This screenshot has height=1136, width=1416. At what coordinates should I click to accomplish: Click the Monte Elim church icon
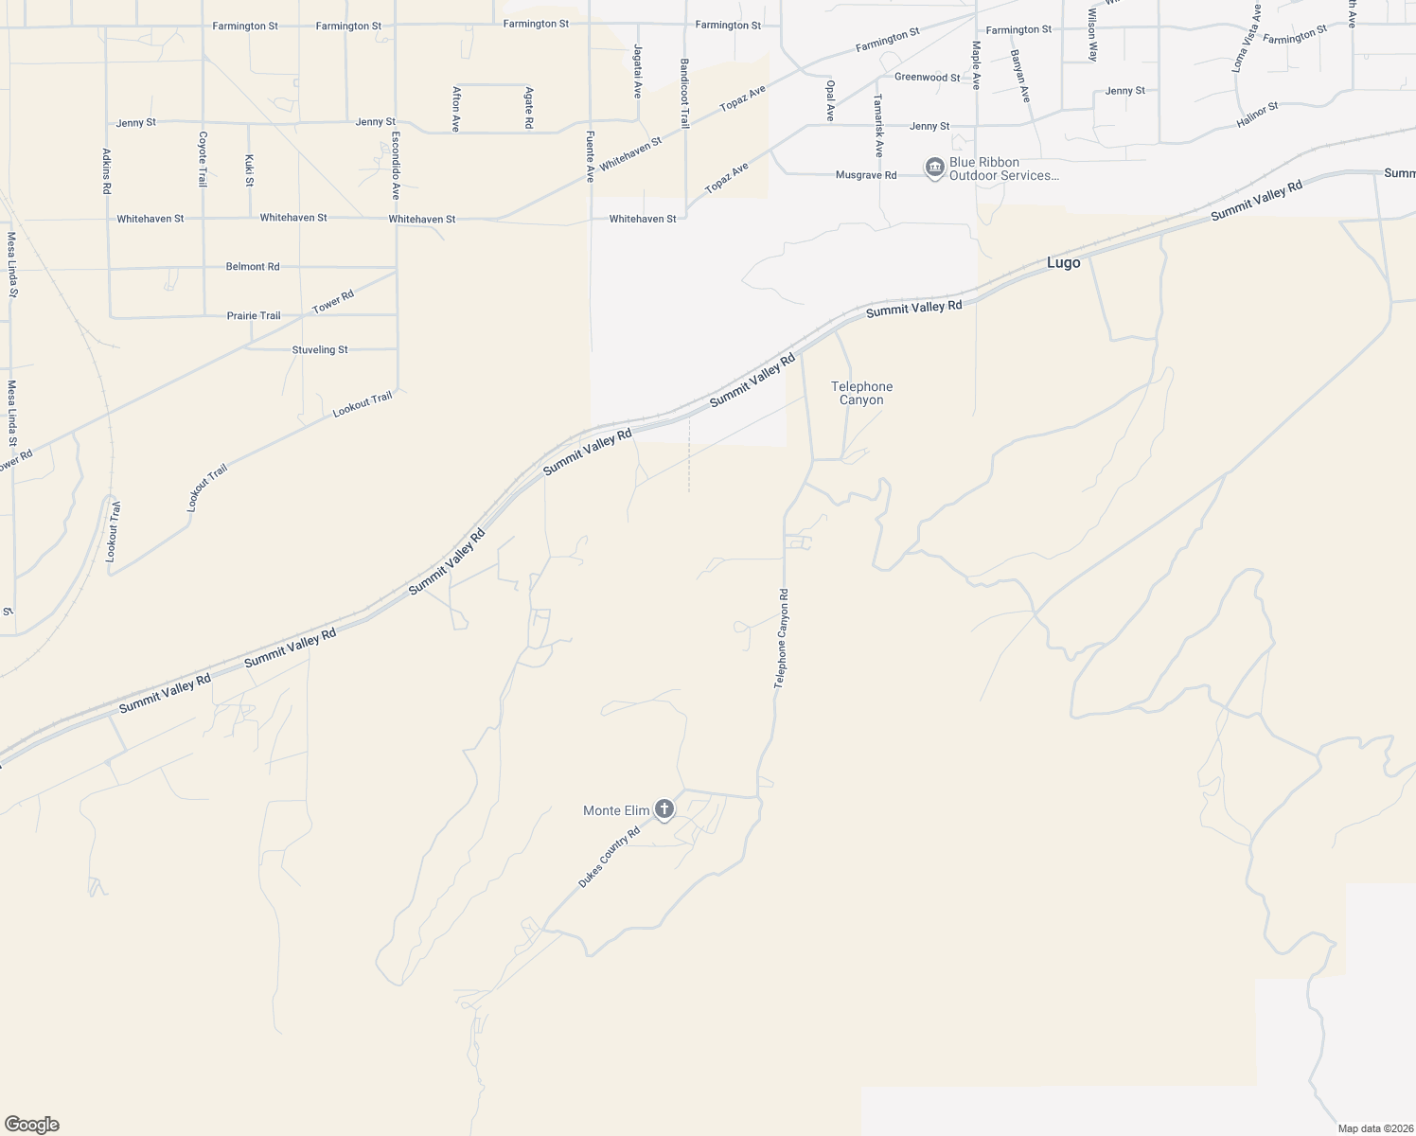[x=664, y=809]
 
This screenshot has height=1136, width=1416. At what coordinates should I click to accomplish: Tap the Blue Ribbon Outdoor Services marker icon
[x=935, y=169]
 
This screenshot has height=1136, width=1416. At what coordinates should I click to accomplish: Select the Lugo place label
[x=1063, y=263]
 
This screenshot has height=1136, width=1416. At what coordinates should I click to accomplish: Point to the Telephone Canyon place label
[x=861, y=393]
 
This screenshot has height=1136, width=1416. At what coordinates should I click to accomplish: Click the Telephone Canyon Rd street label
[x=782, y=638]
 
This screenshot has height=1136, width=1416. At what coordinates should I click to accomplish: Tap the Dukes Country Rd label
[x=610, y=857]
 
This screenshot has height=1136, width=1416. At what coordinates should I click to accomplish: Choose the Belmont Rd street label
[x=253, y=267]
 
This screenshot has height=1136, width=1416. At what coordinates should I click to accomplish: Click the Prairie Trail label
[x=254, y=316]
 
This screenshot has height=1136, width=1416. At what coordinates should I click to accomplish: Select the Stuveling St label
[x=320, y=350]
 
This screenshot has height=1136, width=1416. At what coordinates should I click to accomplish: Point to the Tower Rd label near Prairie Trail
[x=333, y=302]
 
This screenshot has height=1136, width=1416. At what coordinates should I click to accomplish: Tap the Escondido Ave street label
[x=396, y=165]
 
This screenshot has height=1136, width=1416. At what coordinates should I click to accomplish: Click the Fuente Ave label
[x=590, y=156]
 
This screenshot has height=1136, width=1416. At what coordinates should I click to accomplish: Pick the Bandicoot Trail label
[x=684, y=94]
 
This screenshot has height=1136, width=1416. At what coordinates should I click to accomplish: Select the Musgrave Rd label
[x=865, y=175]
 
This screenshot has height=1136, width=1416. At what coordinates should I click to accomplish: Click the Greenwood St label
[x=927, y=78]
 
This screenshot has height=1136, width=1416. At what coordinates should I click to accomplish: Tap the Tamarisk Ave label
[x=878, y=125]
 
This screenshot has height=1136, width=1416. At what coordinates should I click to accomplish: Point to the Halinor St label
[x=1257, y=115]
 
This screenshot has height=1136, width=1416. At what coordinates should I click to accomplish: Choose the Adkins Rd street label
[x=106, y=171]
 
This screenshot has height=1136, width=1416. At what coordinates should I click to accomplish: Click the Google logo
[x=32, y=1125]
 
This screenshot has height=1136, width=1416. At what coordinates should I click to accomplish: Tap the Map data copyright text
[x=1374, y=1128]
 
